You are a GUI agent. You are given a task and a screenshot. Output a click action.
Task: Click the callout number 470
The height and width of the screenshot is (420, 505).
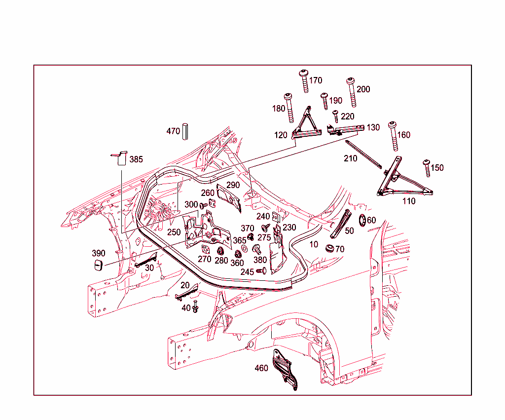point(173,131)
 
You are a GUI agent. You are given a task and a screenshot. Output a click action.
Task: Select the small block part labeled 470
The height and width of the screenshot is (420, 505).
point(186,131)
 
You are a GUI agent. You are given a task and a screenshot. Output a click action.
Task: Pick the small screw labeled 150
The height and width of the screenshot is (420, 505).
point(427,168)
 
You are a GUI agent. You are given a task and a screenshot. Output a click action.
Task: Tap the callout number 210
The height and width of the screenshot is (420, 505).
point(351,158)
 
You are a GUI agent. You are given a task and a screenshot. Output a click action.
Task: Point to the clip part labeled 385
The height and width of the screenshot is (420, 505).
point(118,158)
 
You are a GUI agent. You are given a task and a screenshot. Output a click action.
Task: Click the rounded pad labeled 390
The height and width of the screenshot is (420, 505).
point(98,266)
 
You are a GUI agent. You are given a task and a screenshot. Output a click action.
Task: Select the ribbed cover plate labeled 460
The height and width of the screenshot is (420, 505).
point(284,369)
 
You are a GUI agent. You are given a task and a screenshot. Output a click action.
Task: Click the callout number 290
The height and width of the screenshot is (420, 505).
point(233,185)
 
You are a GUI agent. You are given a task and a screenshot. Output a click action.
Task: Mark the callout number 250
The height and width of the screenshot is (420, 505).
point(174,231)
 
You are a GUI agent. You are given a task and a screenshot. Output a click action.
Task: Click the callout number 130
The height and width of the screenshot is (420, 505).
point(373,127)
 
